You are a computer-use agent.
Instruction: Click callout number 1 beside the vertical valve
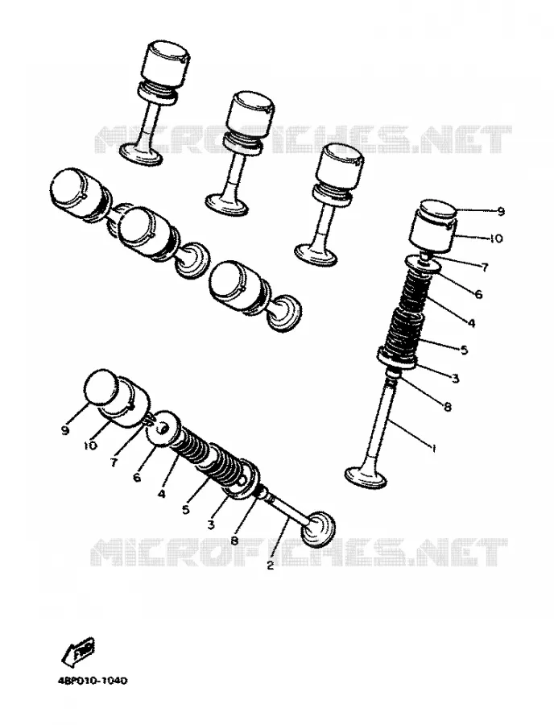click(x=433, y=448)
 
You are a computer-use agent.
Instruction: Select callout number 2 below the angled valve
click(x=271, y=565)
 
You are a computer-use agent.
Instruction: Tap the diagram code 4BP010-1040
click(x=93, y=681)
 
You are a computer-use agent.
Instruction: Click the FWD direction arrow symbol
click(x=79, y=652)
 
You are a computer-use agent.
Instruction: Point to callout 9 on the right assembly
click(x=501, y=212)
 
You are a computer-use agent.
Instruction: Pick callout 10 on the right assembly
click(x=495, y=238)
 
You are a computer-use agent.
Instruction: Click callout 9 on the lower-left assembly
click(x=64, y=430)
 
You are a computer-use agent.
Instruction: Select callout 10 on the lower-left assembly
click(x=90, y=445)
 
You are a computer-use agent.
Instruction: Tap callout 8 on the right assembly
click(x=447, y=407)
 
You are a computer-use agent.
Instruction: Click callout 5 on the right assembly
click(x=464, y=350)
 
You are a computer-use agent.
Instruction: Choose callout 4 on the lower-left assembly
click(x=161, y=493)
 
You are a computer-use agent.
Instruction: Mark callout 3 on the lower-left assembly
click(x=211, y=524)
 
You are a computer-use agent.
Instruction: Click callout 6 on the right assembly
click(x=478, y=293)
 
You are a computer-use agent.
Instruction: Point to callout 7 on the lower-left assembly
click(x=114, y=462)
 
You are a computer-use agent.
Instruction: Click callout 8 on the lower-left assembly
click(x=234, y=540)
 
